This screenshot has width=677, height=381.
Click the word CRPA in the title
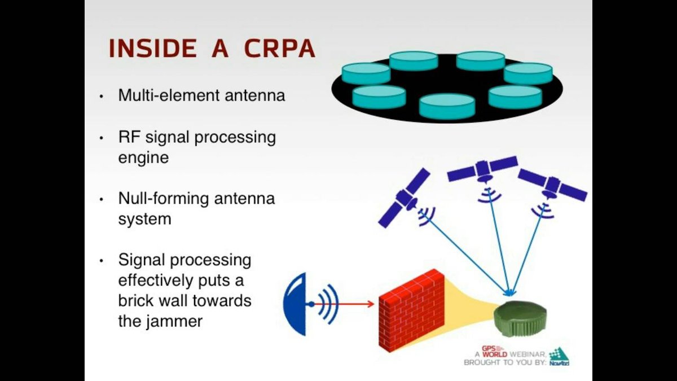point(279,49)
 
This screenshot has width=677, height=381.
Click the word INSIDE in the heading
point(152,49)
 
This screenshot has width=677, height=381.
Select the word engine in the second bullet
point(143,157)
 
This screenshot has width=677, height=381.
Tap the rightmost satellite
point(552,186)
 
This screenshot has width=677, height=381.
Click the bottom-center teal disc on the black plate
point(447,106)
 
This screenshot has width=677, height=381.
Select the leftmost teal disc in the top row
point(366,73)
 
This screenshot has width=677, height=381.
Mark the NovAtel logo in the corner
point(559,357)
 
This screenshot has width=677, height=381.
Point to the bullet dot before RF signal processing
point(102,138)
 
